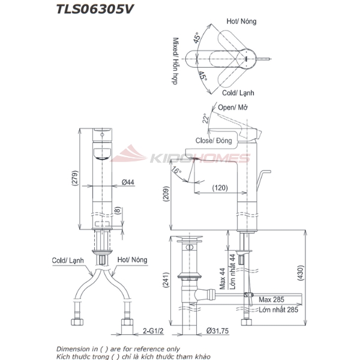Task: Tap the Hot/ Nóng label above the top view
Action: (242, 21)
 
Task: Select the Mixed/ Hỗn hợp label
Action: (176, 61)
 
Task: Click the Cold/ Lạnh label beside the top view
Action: (238, 94)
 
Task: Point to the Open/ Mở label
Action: (233, 107)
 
